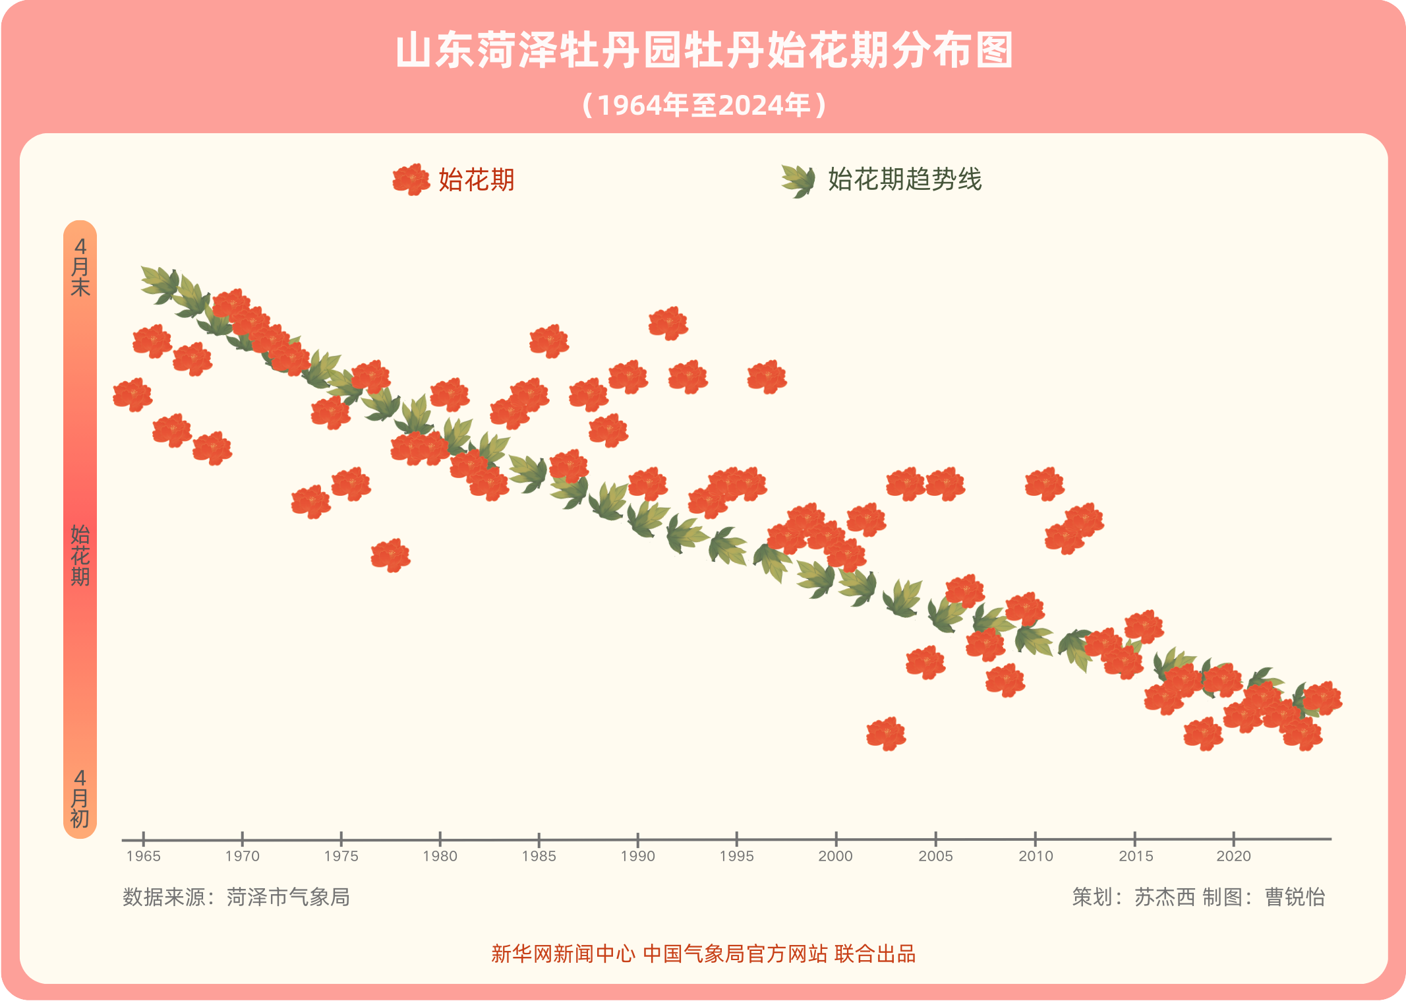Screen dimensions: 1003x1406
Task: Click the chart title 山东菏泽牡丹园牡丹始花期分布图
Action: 703,51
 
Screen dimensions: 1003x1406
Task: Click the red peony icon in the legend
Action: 411,179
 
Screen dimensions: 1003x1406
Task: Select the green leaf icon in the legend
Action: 798,180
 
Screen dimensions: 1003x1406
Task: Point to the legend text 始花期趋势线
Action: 904,179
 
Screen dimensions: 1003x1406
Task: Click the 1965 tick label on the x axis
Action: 143,856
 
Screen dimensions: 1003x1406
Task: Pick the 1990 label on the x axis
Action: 637,856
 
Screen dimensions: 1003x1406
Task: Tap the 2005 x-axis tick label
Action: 935,856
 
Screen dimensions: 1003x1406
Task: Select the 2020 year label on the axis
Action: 1233,856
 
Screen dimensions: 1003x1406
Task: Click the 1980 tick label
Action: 440,856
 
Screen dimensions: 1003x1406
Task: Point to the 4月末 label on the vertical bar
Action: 80,267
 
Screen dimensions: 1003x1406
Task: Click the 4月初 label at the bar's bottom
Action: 80,799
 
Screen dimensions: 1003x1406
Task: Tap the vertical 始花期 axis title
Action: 80,555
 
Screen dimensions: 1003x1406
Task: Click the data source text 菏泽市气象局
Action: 288,897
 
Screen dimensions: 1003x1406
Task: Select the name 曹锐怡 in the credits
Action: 1295,897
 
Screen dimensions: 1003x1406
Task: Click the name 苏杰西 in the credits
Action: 1164,897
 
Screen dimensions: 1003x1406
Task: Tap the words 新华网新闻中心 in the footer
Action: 563,954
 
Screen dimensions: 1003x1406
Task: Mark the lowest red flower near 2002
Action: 886,733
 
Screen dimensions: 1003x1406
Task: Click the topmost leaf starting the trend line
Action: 160,284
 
